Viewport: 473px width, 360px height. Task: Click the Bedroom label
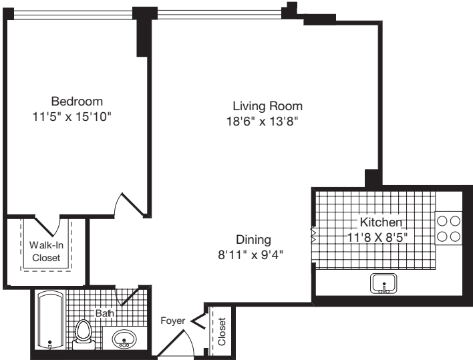[x=77, y=102]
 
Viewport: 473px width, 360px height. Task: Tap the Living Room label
[x=267, y=106]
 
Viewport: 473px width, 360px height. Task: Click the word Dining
[x=253, y=239]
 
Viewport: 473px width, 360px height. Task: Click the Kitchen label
[x=381, y=222]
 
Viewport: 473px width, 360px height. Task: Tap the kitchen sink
[x=384, y=284]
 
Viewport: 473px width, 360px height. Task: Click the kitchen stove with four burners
[x=449, y=228]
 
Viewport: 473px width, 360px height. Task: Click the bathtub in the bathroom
[x=49, y=320]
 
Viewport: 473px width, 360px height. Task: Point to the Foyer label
[x=172, y=321]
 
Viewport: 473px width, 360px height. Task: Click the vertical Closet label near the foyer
[x=222, y=332]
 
